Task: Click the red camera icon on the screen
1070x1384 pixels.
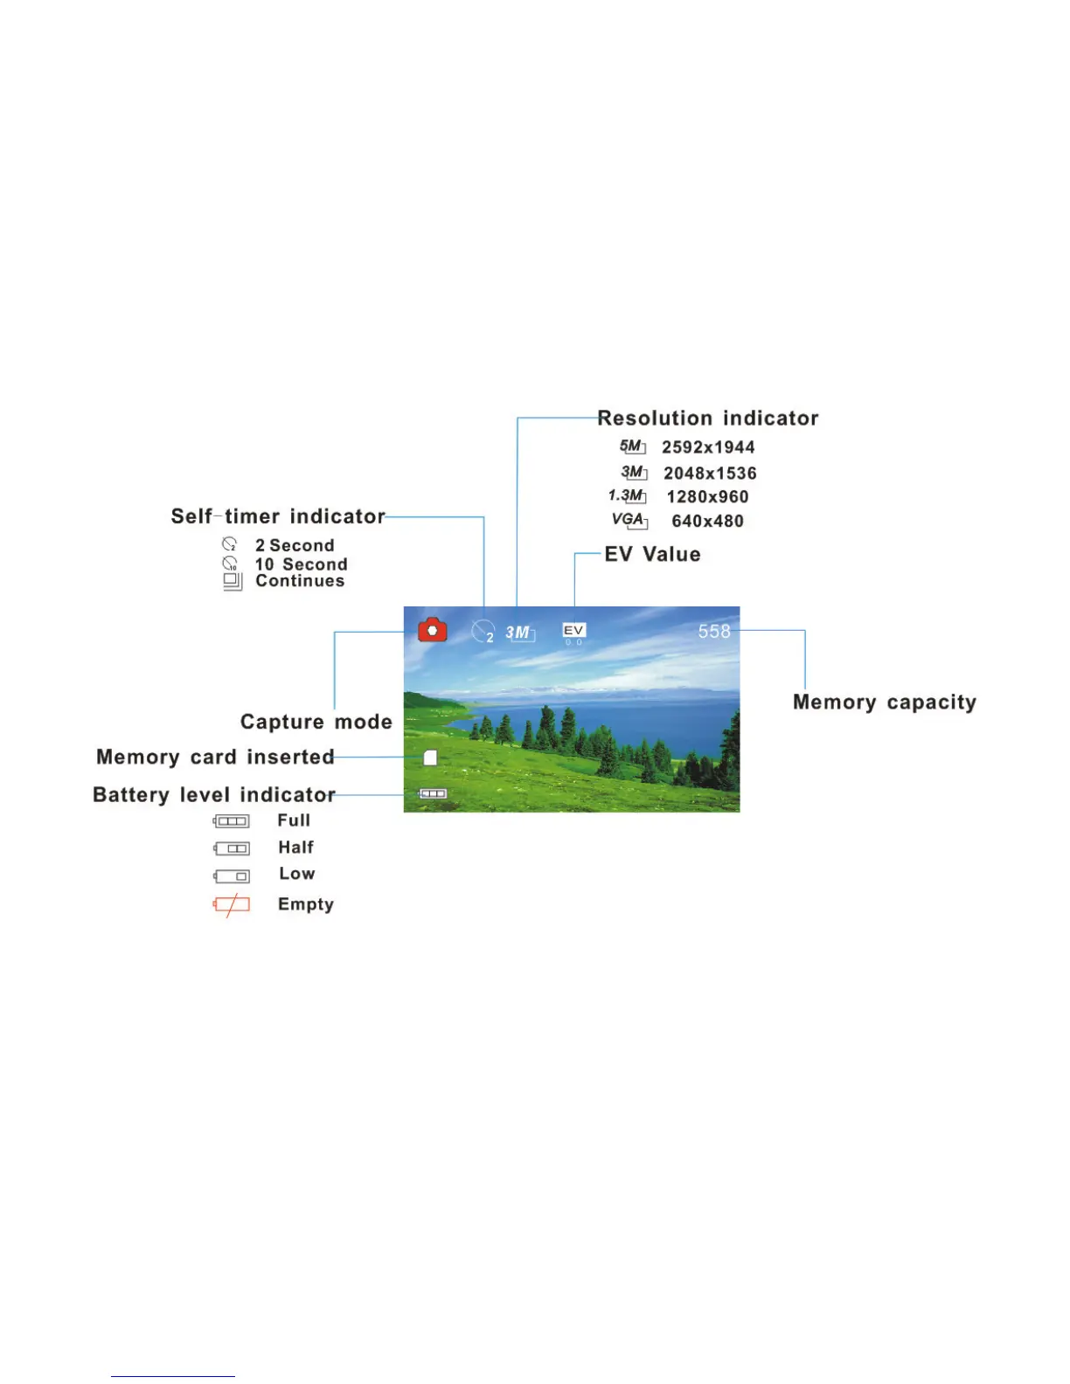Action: click(x=433, y=630)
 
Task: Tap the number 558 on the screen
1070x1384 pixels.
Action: click(x=714, y=631)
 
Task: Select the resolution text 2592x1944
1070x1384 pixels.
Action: click(x=708, y=447)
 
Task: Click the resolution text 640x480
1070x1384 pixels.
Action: click(x=707, y=521)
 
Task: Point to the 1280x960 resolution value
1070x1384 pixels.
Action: click(x=707, y=497)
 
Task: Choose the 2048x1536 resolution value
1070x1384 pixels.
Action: click(x=710, y=474)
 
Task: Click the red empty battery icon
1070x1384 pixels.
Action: click(x=232, y=905)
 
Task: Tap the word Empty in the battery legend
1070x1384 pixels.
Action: click(x=306, y=904)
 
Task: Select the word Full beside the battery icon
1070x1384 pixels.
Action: click(x=294, y=820)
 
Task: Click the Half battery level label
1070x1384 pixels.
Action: click(x=295, y=848)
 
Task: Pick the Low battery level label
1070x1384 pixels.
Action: click(x=296, y=874)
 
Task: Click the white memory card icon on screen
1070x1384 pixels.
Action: click(x=430, y=758)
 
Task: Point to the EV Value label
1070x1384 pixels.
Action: click(x=652, y=555)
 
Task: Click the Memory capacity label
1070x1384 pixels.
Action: click(x=884, y=702)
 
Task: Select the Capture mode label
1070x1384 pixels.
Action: click(x=316, y=722)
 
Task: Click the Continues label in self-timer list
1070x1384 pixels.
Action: click(x=300, y=581)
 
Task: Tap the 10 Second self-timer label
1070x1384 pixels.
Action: click(x=301, y=564)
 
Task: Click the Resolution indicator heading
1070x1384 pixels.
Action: click(x=707, y=419)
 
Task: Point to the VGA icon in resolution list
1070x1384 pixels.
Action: click(x=629, y=520)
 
